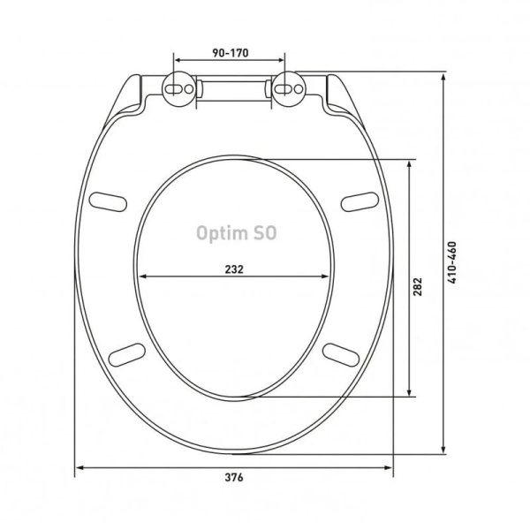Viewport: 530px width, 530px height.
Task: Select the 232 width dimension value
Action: coord(234,268)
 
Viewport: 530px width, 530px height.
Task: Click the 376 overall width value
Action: coord(234,477)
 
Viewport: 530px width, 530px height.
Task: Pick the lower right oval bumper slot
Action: coord(344,352)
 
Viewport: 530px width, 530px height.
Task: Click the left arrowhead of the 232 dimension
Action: coord(141,277)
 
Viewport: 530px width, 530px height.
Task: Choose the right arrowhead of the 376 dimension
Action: coord(390,466)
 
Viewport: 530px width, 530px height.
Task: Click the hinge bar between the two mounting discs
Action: coord(234,88)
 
